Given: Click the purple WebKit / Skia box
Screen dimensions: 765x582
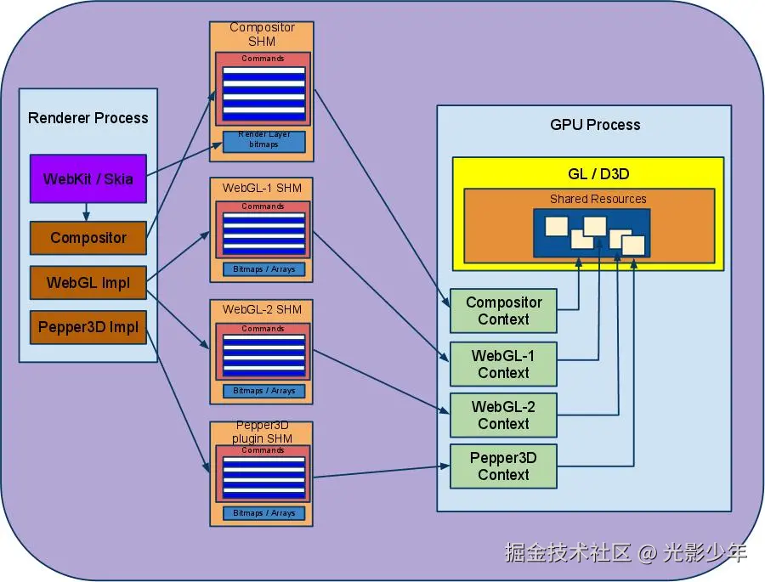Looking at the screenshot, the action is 88,178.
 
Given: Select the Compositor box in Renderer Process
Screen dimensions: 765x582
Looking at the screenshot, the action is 88,238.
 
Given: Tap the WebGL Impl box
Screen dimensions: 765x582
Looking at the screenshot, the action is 88,282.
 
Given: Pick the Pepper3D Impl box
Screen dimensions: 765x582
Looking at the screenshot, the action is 88,327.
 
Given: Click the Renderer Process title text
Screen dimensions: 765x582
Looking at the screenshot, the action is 88,118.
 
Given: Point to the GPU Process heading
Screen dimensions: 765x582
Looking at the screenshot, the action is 595,125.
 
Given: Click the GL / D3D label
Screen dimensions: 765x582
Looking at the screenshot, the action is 598,174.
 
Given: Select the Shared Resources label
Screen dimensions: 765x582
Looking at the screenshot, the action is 598,199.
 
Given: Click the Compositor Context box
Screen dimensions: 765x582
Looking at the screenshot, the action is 503,311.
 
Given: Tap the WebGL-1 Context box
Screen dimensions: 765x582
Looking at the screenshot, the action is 503,364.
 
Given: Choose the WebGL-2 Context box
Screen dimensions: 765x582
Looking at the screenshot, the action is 503,415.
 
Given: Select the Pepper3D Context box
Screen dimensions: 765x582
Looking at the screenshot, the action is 503,466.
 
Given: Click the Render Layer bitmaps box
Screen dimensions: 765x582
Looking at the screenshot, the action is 264,142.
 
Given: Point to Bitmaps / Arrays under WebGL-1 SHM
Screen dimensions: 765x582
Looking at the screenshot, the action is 264,269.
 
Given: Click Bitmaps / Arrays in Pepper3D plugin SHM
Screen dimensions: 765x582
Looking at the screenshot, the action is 264,513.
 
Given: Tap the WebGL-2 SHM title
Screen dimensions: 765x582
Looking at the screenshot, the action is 262,309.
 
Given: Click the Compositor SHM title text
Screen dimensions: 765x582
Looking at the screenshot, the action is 262,34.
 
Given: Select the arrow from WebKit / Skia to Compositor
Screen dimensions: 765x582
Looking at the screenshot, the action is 87,212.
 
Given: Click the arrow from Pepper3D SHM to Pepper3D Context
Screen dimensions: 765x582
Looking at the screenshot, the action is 381,472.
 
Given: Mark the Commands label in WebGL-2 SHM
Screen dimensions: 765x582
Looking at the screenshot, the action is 263,329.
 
